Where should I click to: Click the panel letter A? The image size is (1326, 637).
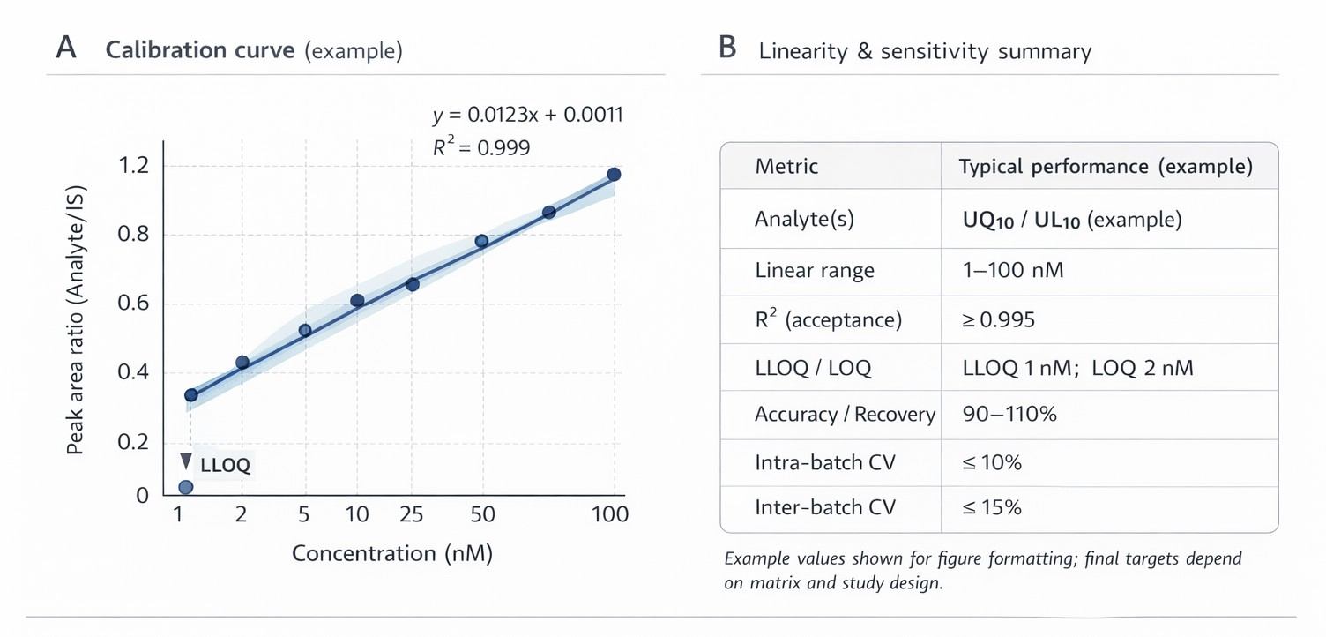click(65, 49)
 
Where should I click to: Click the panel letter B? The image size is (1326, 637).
click(727, 49)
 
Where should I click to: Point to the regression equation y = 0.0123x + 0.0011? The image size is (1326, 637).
click(527, 115)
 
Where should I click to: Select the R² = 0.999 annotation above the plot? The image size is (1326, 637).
click(481, 147)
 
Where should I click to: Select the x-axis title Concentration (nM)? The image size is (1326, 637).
click(391, 554)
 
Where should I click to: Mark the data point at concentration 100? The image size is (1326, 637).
click(615, 174)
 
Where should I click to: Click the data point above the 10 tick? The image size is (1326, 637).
click(357, 301)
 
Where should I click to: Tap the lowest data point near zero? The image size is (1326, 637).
click(185, 487)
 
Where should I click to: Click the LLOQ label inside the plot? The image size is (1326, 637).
click(226, 466)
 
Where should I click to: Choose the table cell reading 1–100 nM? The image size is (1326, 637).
click(1013, 270)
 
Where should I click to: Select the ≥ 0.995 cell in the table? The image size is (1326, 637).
click(999, 319)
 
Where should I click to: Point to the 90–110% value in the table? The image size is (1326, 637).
click(1009, 414)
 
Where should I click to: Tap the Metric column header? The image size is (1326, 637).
click(786, 167)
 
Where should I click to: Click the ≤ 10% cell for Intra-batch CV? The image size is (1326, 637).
click(992, 461)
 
